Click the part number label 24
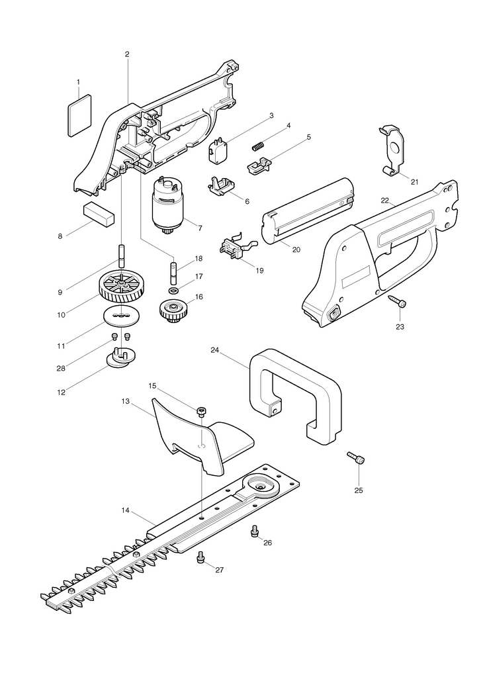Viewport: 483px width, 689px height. tap(215, 350)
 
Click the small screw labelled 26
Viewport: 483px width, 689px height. tap(254, 531)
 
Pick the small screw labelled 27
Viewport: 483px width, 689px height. tap(202, 557)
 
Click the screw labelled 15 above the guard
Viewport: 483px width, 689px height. tap(202, 411)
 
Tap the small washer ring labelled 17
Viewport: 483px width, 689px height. tap(173, 291)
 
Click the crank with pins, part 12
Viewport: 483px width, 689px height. tap(121, 358)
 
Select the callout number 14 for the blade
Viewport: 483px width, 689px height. tap(126, 510)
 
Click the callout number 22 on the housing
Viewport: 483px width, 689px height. tap(385, 201)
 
